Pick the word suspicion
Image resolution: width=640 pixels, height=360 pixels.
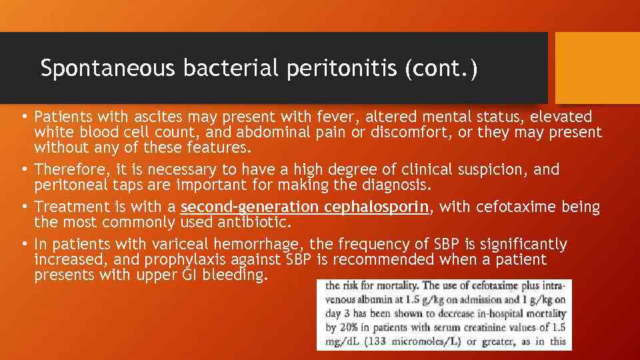pos(491,169)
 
